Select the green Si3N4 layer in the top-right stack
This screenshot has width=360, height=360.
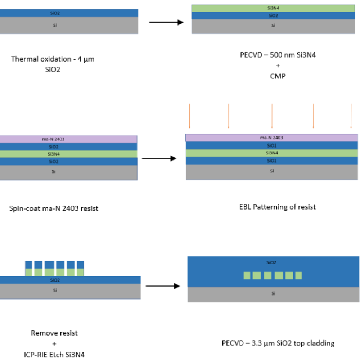(x=273, y=8)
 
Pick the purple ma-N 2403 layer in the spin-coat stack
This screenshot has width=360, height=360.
(x=68, y=139)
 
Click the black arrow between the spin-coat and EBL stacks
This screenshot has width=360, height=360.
(x=159, y=158)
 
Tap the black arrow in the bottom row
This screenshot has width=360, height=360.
(x=162, y=287)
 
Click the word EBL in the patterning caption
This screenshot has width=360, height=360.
(x=246, y=207)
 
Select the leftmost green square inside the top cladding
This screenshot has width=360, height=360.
(x=247, y=276)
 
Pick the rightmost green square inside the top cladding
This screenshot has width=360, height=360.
(x=298, y=276)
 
